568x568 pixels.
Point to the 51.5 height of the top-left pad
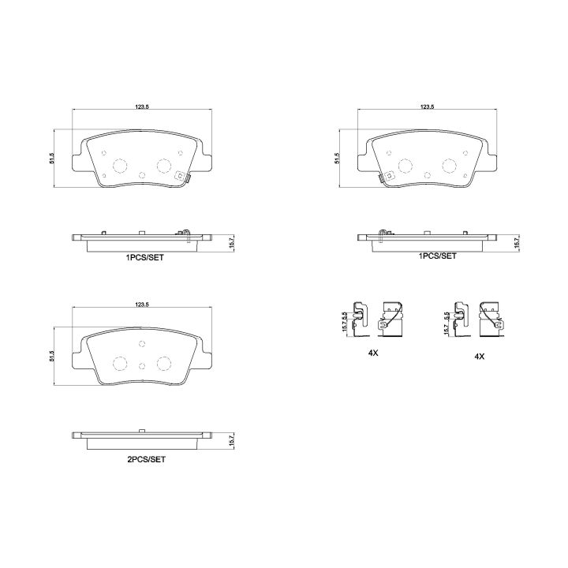(51, 159)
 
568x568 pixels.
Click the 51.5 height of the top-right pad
(337, 159)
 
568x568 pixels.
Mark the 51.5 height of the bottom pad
(51, 357)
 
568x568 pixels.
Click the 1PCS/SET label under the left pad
(144, 257)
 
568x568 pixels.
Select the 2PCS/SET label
(144, 458)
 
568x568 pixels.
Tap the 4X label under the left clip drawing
(373, 354)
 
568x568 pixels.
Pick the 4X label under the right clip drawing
(478, 356)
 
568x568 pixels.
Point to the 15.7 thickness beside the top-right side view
(516, 242)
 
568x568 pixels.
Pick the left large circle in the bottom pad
(121, 363)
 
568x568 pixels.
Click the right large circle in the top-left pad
(163, 165)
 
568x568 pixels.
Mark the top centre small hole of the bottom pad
(142, 344)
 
